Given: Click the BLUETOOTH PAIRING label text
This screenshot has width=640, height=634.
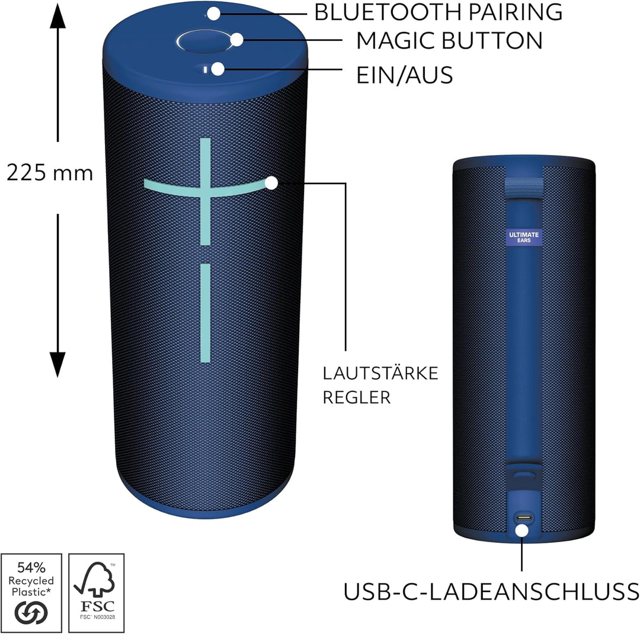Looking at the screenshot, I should coord(438,12).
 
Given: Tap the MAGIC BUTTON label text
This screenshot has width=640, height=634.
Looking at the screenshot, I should coord(449,40).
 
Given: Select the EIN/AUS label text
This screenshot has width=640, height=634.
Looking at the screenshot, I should coord(405,75).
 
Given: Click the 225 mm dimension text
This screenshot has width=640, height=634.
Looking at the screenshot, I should coord(50,172).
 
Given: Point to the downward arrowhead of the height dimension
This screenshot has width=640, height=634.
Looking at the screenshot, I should coord(57,365).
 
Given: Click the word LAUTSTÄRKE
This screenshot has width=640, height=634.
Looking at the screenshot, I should coord(380,374).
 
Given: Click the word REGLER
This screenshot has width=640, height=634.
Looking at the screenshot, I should coord(356,397).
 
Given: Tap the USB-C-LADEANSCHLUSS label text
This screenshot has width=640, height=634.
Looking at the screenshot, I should coord(491,591).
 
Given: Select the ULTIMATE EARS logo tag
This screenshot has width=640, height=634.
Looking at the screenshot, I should coord(524,237).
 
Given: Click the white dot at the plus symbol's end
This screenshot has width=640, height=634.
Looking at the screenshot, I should coord(271,183).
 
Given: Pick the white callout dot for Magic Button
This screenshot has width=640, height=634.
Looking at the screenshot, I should coord(237,40).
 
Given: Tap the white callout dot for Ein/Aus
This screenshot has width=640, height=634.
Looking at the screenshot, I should coord(218,69).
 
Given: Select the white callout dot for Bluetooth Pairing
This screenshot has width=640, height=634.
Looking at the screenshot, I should coord(213,12).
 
